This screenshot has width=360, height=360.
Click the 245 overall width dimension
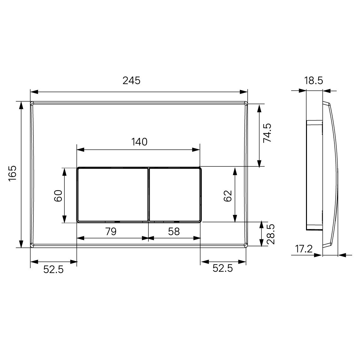pos(131,81)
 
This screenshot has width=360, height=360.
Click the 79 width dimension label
pos(111,231)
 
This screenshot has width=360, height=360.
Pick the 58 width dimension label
pos(174,231)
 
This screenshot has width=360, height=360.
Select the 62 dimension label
pos(228,195)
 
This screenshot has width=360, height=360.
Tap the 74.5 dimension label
pos(267,133)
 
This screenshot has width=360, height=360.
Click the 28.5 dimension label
pos(271,234)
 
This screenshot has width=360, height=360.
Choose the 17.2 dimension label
pos(304,249)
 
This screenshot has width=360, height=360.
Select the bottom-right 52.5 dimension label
pos(223,268)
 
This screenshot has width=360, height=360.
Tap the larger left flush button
pos(112,195)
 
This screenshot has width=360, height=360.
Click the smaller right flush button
pos(175,195)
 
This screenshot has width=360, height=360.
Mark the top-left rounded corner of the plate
pos(32,103)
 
